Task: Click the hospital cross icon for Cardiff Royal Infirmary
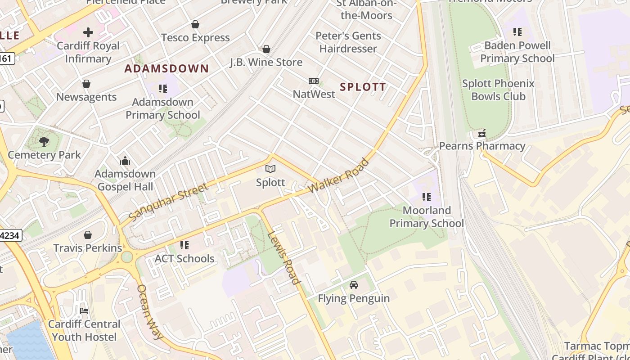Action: [x=88, y=32]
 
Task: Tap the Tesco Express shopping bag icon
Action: [x=195, y=24]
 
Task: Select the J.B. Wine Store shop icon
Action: [x=266, y=49]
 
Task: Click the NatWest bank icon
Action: [x=314, y=81]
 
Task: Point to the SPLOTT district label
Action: [x=363, y=87]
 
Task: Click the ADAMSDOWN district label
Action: [x=166, y=69]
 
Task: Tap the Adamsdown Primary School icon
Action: [x=163, y=89]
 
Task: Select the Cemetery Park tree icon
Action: [x=44, y=142]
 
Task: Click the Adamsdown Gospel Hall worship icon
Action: [x=125, y=161]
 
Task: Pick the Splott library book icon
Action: [x=270, y=169]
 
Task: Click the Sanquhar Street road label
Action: [x=168, y=202]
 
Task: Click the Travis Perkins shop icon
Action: [x=88, y=235]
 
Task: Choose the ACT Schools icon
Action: [x=184, y=245]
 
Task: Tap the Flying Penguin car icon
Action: [x=354, y=285]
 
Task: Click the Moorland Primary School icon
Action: [x=427, y=197]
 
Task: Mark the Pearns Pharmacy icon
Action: [x=482, y=133]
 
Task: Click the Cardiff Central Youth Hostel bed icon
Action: [x=84, y=311]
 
